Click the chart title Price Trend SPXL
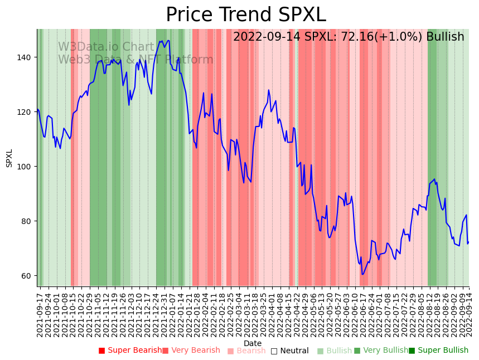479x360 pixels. (245, 15)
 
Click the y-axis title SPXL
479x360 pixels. (9, 158)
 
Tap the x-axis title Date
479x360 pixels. (253, 343)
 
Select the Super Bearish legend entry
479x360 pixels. (130, 351)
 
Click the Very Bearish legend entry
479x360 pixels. (191, 351)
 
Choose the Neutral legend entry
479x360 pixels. (289, 351)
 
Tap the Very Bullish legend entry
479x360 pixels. (381, 351)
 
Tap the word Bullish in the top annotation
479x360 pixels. (445, 37)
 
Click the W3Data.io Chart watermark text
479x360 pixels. (106, 47)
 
